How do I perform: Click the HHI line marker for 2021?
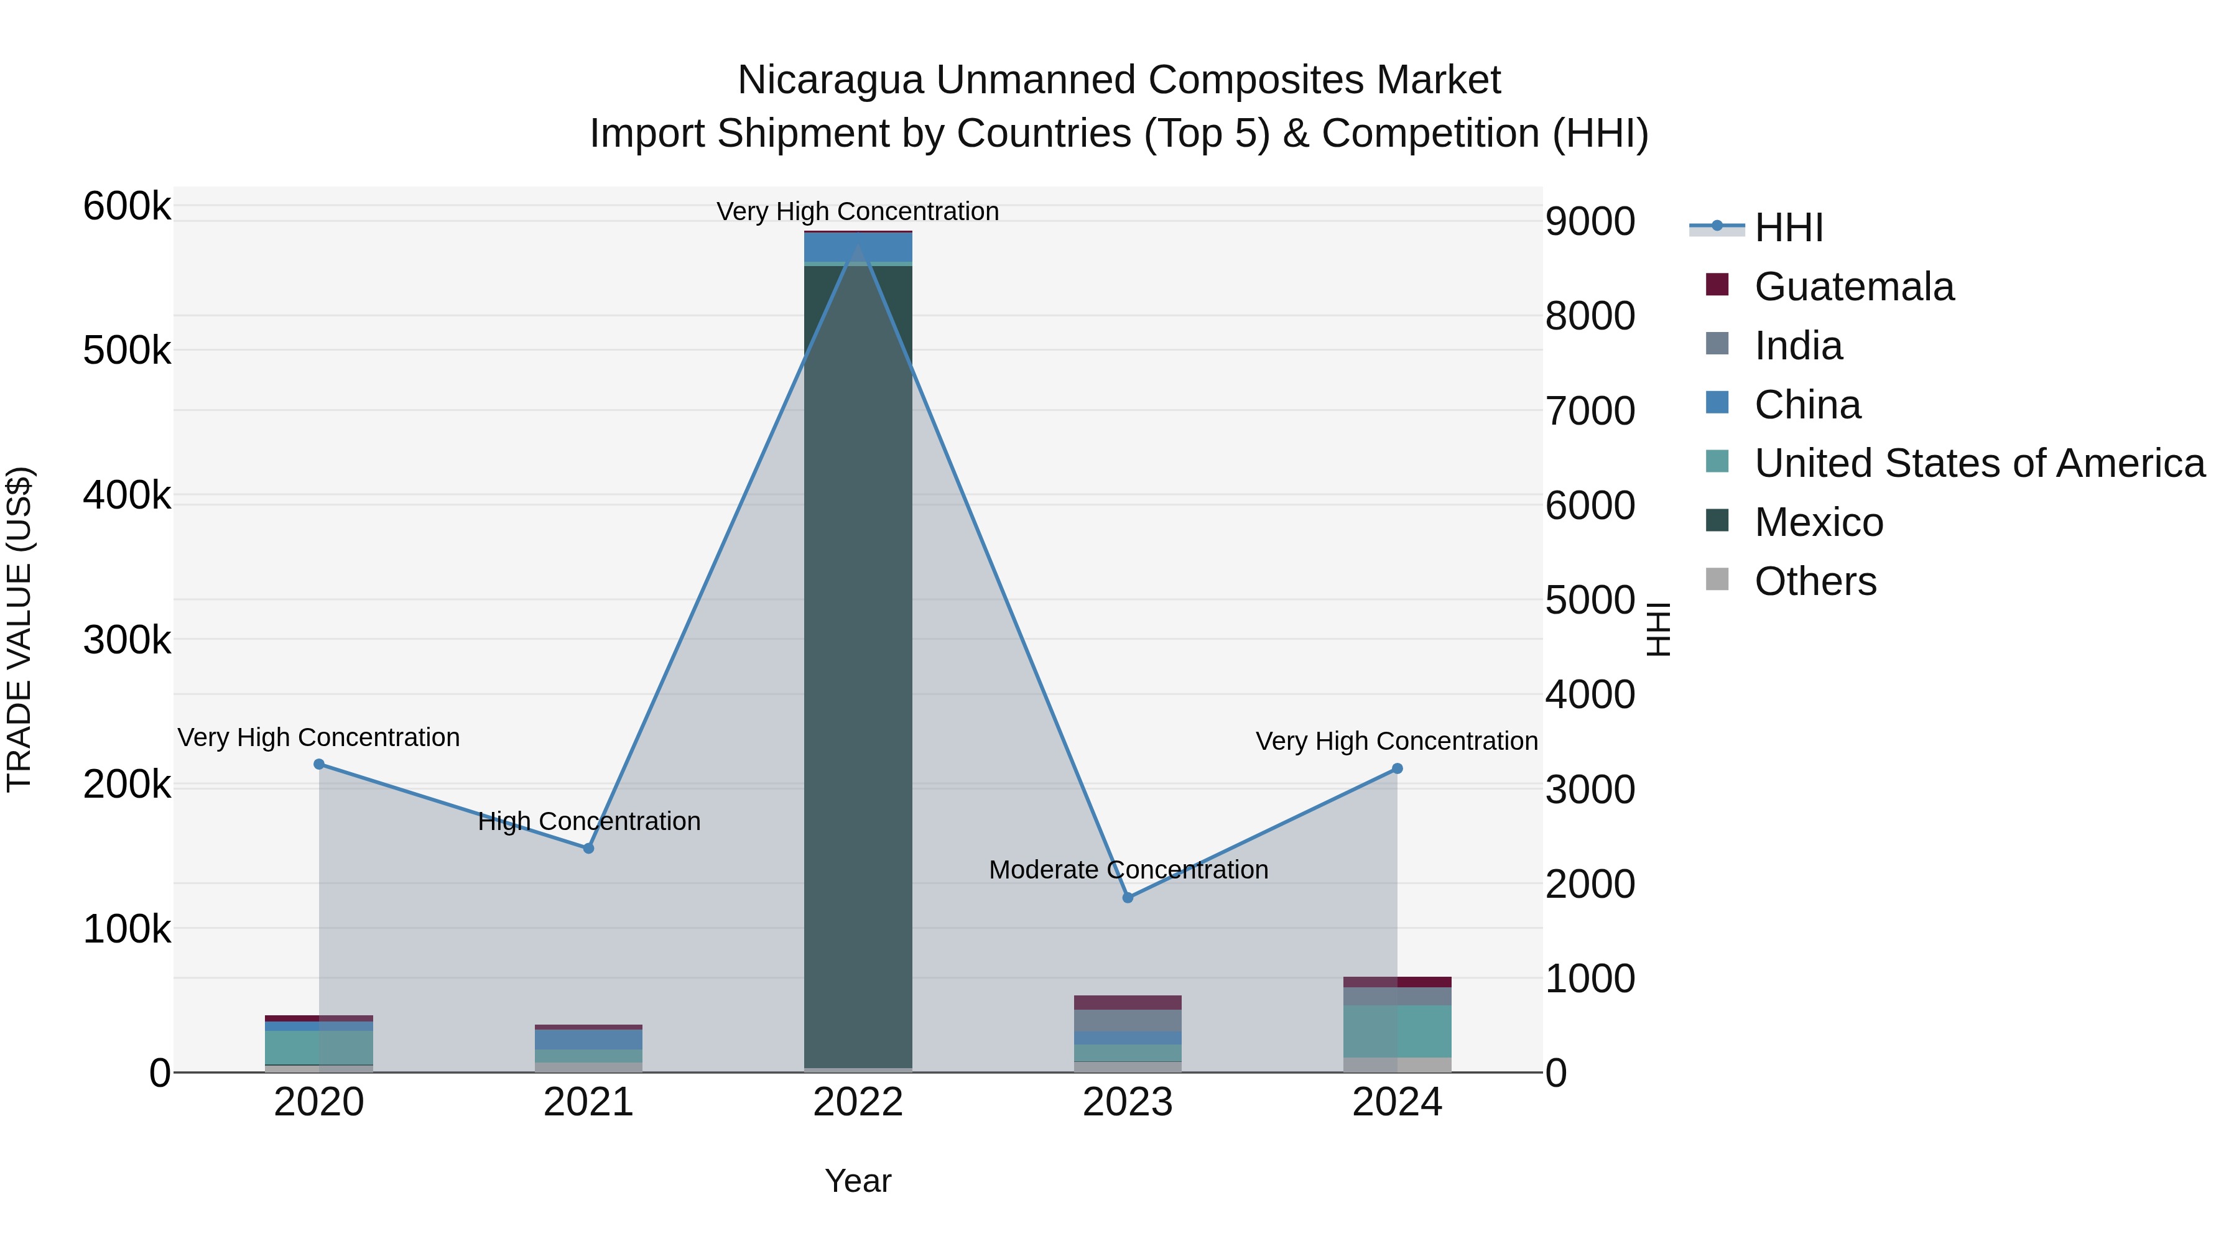click(x=588, y=848)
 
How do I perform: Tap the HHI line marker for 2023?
click(x=1128, y=898)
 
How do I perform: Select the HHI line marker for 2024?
click(x=1398, y=768)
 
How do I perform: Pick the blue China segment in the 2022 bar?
click(x=858, y=247)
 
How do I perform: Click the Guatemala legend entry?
click(x=1853, y=287)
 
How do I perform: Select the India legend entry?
click(x=1797, y=346)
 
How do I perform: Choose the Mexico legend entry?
click(x=1819, y=522)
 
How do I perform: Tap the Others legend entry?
click(x=1815, y=581)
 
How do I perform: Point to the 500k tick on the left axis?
click(x=127, y=351)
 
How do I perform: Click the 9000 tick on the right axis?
click(x=1590, y=221)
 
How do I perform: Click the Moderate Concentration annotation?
click(x=1128, y=870)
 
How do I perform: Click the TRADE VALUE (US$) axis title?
click(x=19, y=629)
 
